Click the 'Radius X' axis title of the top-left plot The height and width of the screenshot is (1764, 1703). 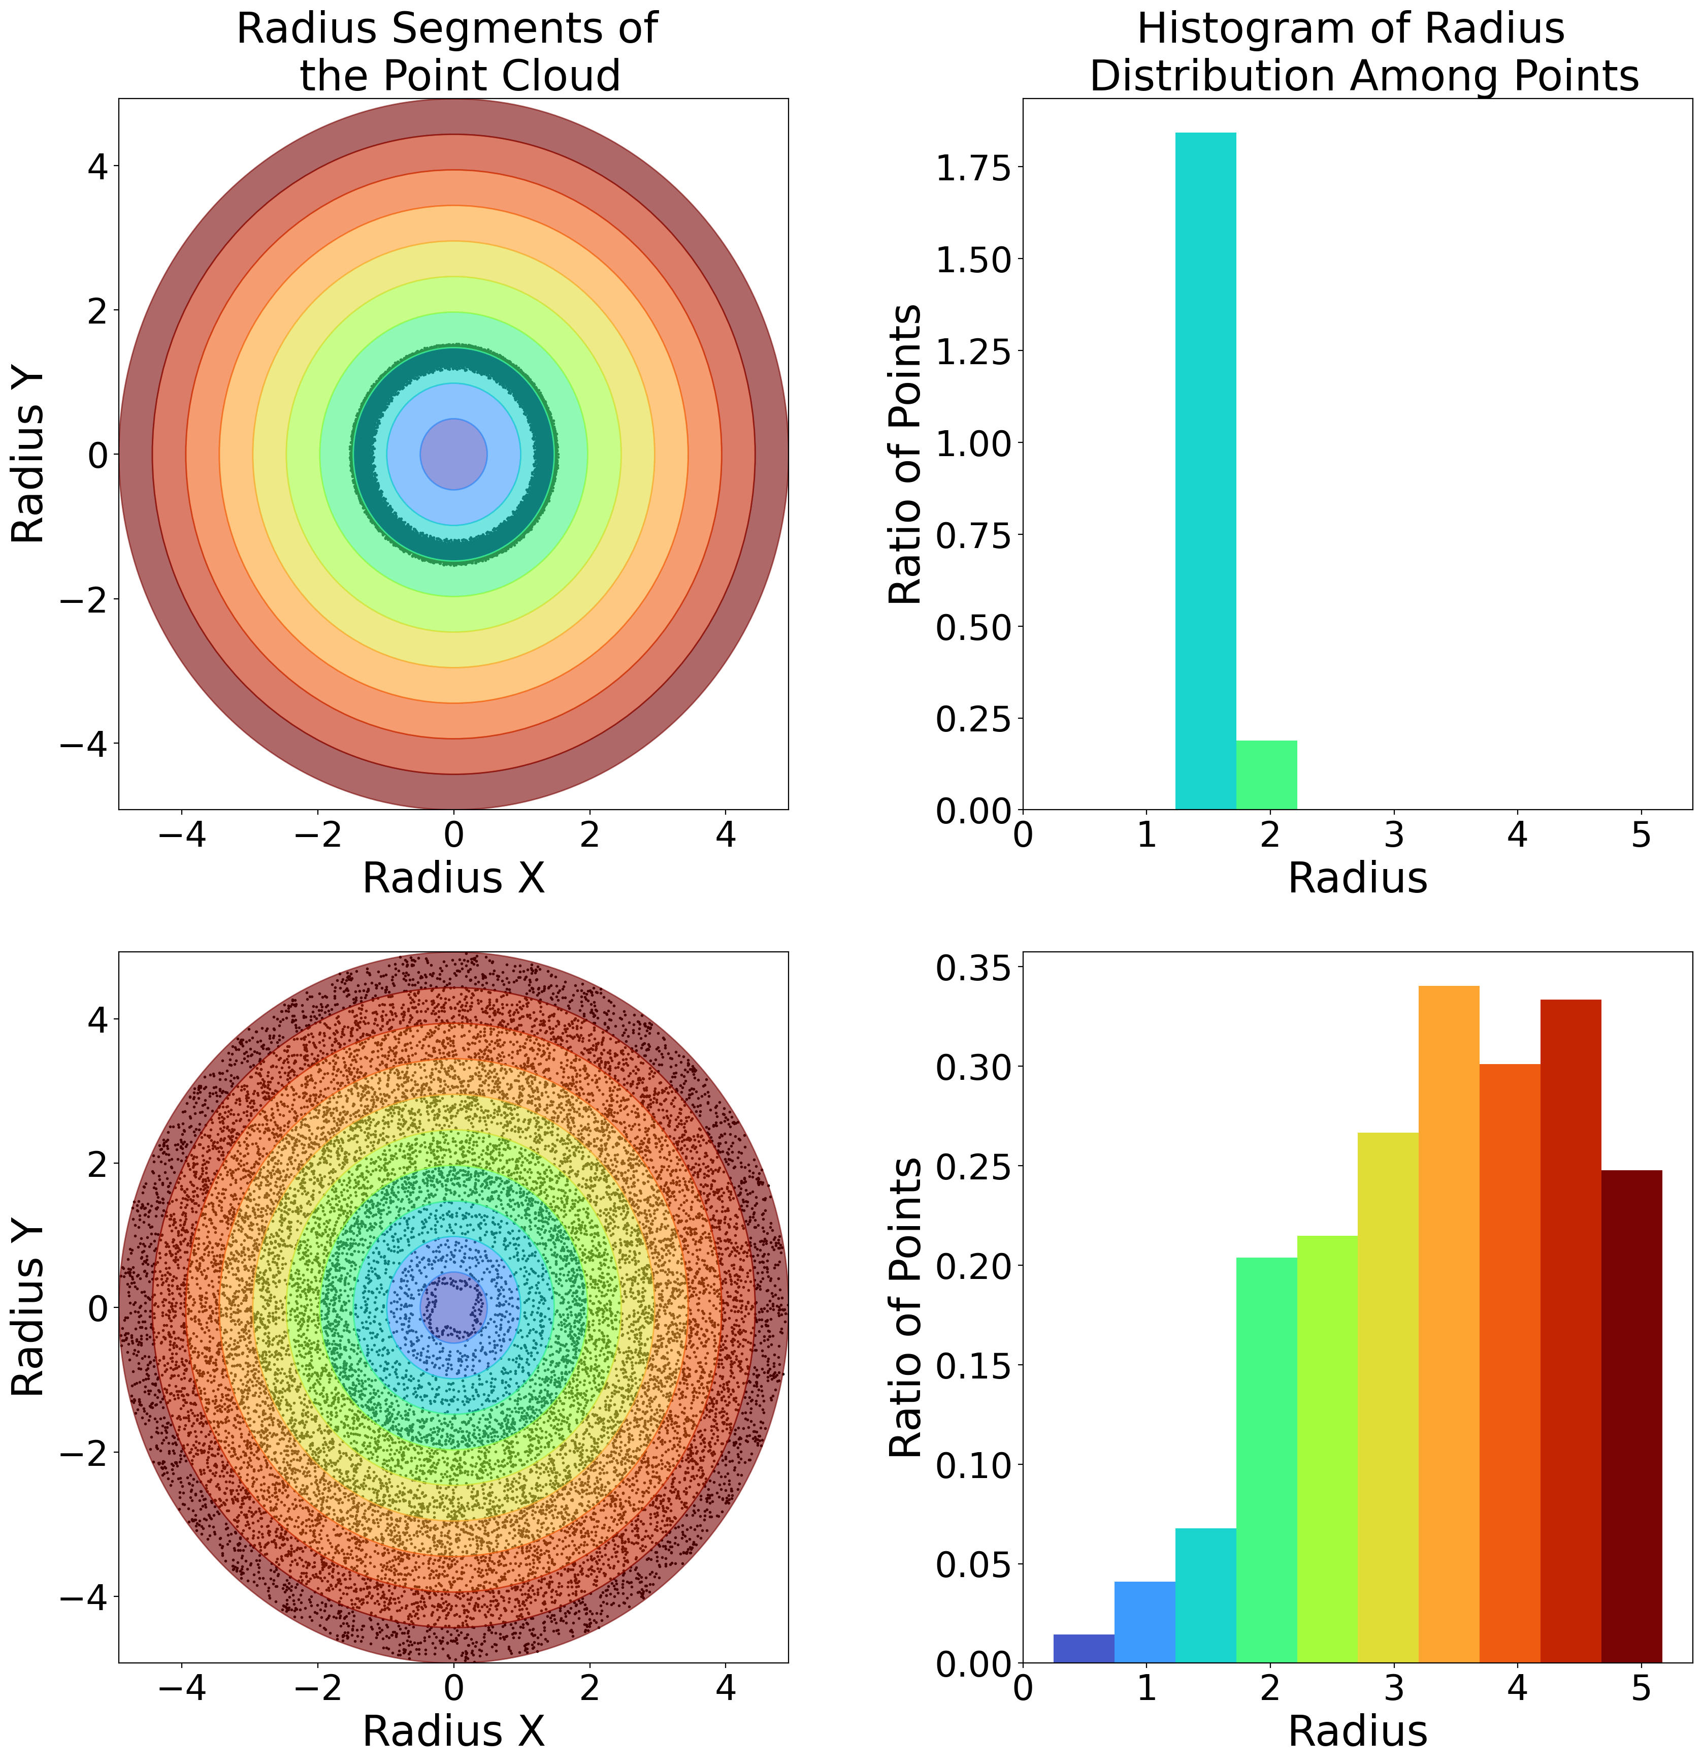pyautogui.click(x=453, y=878)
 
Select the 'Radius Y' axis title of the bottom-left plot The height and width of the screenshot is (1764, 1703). pyautogui.click(x=29, y=1307)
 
